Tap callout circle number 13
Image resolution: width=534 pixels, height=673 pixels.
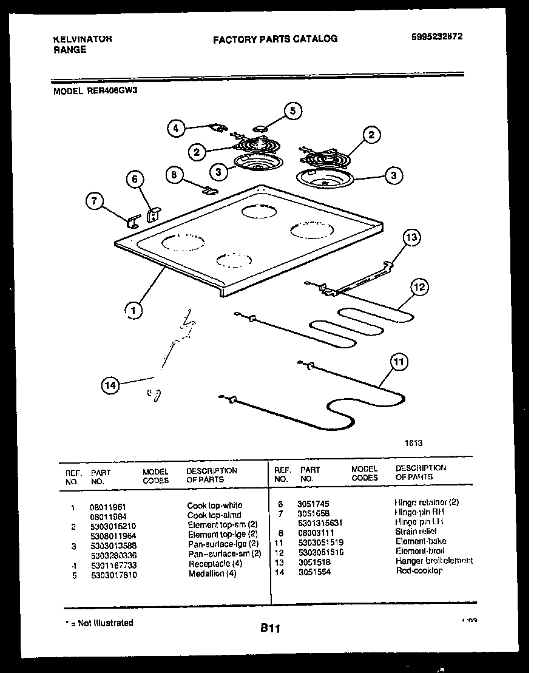coord(411,237)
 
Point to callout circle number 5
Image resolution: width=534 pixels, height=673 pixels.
coord(292,110)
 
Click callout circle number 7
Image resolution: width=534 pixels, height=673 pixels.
coord(94,202)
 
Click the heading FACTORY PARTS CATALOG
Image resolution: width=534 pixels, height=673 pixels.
coord(275,39)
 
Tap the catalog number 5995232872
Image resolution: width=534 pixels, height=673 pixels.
coord(437,36)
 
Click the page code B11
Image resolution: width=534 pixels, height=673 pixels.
coord(270,629)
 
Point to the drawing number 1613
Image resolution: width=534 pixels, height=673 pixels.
coord(413,443)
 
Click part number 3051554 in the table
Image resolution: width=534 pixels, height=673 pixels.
coord(314,572)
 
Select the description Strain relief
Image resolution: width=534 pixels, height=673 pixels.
coord(415,532)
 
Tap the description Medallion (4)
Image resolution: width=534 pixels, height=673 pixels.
coord(212,573)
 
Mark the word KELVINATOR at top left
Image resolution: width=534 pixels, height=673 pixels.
coord(83,39)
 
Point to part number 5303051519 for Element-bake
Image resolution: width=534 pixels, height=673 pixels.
coord(321,542)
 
